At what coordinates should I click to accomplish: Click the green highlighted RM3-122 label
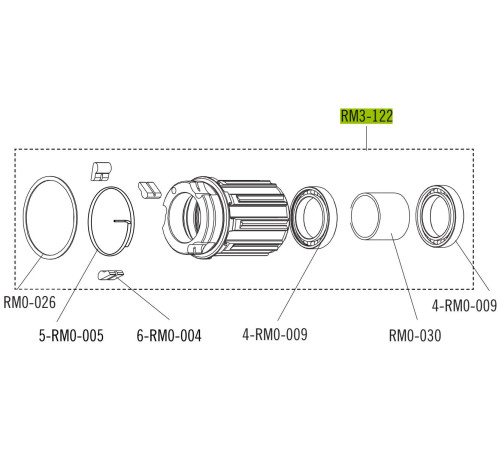click(367, 117)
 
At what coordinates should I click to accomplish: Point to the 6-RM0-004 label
click(168, 336)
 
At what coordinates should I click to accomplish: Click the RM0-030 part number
click(414, 336)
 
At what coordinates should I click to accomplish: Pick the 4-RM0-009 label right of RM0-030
click(464, 305)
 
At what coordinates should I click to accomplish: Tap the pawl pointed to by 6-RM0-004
click(110, 274)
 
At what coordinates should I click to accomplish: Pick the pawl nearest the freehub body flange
click(149, 188)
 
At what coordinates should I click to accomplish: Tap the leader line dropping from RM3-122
click(367, 137)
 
